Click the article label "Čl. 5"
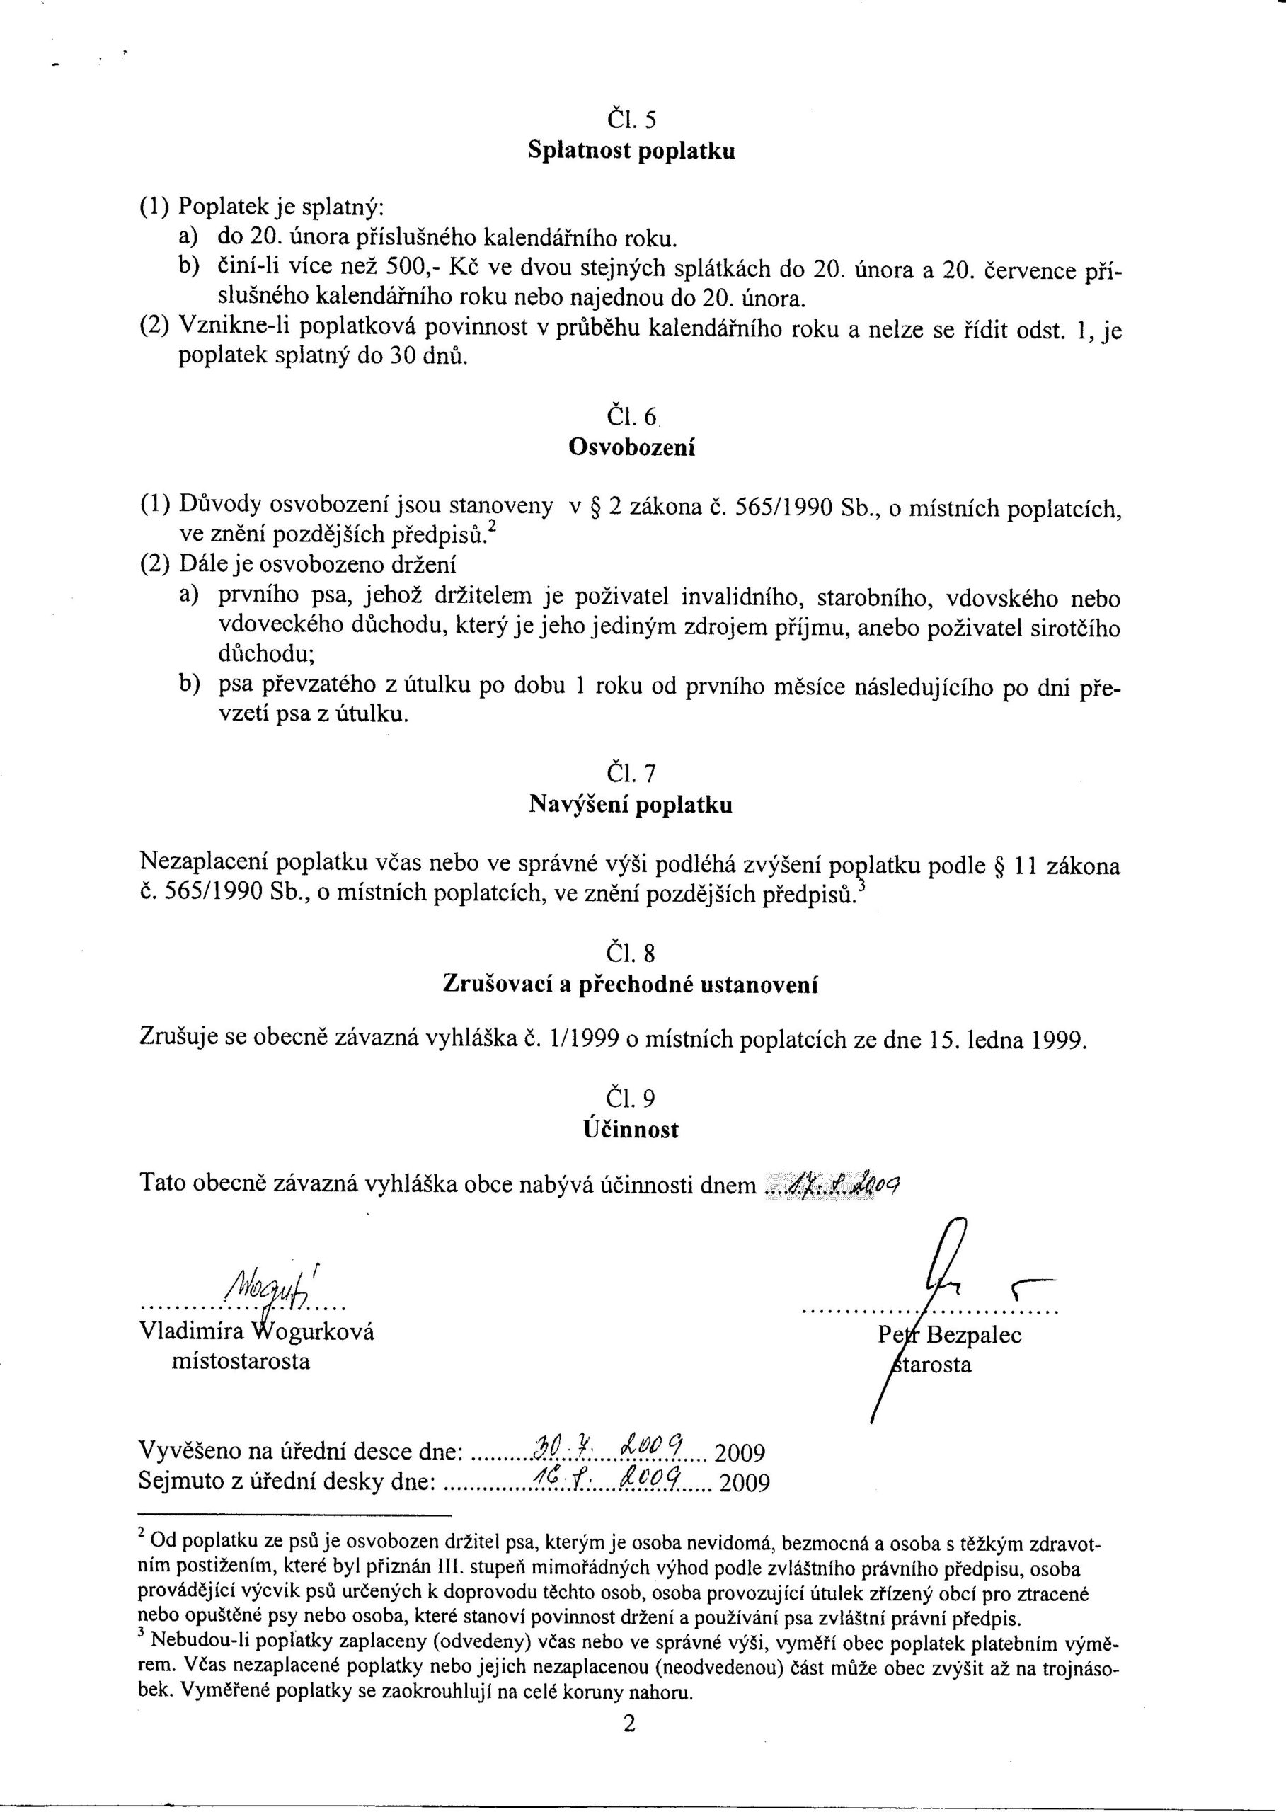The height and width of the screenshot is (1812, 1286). click(x=631, y=120)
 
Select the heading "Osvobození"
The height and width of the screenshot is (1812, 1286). click(x=631, y=447)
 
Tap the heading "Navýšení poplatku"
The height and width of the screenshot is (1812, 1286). click(x=631, y=805)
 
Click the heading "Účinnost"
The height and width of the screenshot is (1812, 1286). click(x=631, y=1130)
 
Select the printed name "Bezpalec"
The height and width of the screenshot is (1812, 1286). click(x=973, y=1335)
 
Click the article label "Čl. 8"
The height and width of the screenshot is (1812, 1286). click(x=631, y=953)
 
